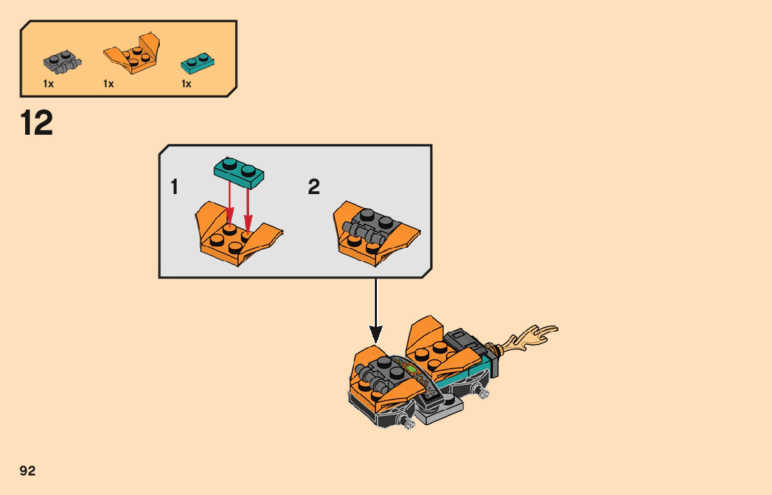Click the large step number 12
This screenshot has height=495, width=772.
click(37, 124)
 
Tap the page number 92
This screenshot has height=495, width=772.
click(28, 471)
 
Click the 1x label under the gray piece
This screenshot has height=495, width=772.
click(49, 84)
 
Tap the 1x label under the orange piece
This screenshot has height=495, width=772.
click(109, 84)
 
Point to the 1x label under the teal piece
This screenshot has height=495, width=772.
click(186, 84)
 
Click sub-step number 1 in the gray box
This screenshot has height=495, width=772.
click(175, 187)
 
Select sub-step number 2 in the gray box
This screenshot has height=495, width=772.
click(314, 187)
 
